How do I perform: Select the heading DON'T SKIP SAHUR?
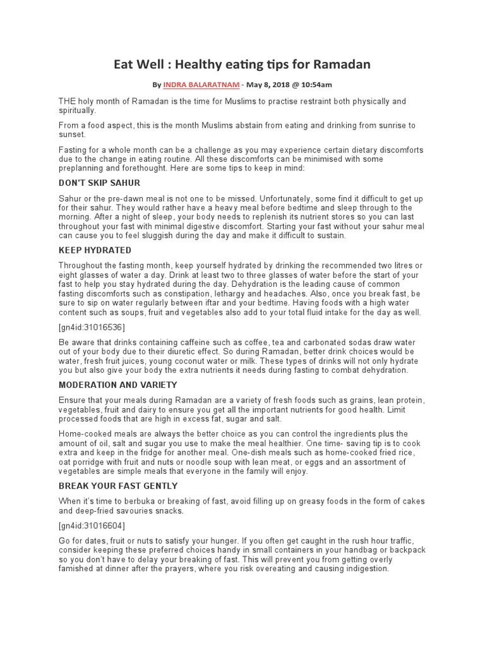tap(100, 183)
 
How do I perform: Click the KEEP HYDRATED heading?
tap(95, 250)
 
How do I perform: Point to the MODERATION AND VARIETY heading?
tap(117, 385)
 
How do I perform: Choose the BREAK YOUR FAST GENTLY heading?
tap(118, 486)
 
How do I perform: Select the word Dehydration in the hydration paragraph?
tap(234, 284)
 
